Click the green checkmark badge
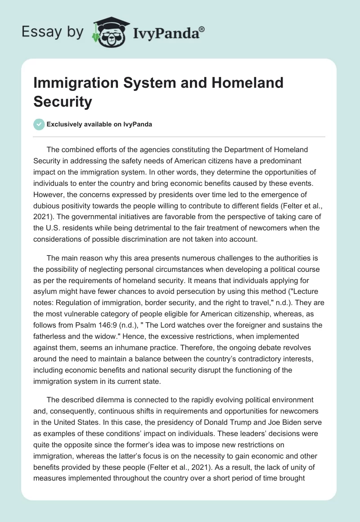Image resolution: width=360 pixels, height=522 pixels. pos(39,124)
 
